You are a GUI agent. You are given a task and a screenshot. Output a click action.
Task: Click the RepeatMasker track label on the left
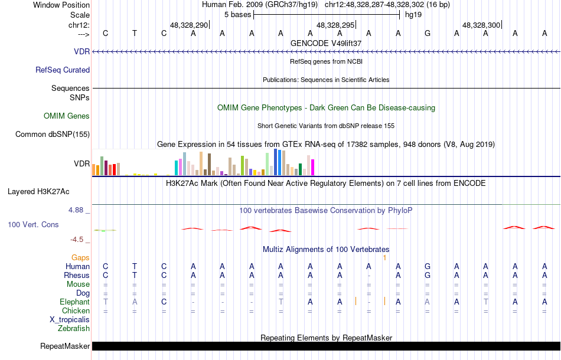(65, 346)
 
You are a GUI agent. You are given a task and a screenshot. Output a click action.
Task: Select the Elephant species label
(74, 302)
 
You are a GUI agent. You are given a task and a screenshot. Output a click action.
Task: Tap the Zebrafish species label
(74, 329)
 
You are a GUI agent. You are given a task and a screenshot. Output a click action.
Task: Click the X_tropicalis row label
(70, 320)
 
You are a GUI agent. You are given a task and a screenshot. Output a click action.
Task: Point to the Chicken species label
(76, 311)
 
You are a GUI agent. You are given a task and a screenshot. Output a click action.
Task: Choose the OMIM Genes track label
(66, 116)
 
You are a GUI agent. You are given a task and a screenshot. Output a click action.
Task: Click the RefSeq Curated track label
(63, 70)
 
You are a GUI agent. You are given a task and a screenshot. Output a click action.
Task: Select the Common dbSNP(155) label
(53, 135)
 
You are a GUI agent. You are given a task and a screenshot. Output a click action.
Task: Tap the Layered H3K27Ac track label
(38, 192)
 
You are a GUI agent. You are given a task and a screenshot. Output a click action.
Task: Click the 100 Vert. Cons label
(33, 225)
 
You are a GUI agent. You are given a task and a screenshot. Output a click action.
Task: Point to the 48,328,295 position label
(335, 25)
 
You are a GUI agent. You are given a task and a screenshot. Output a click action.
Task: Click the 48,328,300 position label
(481, 25)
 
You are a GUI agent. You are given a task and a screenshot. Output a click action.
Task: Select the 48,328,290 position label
(189, 25)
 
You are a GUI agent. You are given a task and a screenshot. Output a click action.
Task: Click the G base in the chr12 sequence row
(428, 33)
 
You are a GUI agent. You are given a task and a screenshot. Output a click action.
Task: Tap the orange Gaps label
(80, 258)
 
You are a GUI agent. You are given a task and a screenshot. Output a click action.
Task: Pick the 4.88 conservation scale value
(77, 210)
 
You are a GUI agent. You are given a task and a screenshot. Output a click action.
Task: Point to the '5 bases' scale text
(237, 15)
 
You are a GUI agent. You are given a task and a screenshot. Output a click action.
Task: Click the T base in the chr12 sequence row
(135, 33)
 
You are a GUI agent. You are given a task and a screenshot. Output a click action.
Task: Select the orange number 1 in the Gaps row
(384, 258)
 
